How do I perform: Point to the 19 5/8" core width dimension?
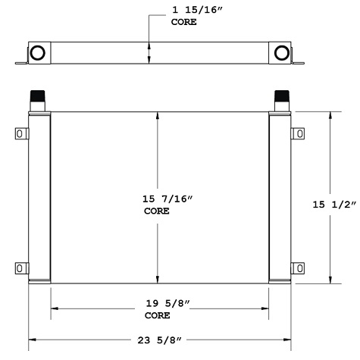(168, 303)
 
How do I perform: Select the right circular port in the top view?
(282, 53)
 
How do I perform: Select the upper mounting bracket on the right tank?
(299, 134)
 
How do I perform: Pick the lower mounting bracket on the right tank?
(299, 268)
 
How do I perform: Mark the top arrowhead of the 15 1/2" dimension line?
(330, 117)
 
